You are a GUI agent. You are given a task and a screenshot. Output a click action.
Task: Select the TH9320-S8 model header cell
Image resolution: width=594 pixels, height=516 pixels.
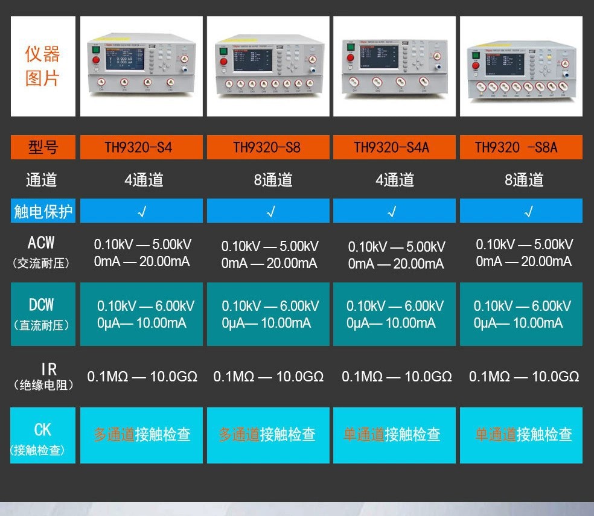(x=268, y=147)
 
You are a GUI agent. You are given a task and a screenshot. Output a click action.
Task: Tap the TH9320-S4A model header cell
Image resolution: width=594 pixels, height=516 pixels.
(x=394, y=147)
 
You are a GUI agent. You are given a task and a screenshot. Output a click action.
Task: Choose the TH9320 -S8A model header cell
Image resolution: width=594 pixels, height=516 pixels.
(x=521, y=147)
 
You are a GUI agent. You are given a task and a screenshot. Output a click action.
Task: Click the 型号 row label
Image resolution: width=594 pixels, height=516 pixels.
(x=43, y=147)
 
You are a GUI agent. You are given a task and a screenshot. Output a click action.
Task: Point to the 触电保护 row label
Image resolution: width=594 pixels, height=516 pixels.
(x=43, y=211)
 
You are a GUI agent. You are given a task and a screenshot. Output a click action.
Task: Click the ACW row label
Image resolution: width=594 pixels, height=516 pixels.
(x=42, y=251)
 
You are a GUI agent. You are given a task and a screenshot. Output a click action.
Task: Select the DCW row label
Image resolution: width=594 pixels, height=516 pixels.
(x=42, y=313)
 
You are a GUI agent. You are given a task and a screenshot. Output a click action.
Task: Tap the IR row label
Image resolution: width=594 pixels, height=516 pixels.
(x=42, y=376)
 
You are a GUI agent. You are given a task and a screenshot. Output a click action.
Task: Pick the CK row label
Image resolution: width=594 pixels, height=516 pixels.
(x=42, y=436)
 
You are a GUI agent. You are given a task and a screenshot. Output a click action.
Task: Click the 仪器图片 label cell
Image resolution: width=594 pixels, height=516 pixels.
(x=43, y=66)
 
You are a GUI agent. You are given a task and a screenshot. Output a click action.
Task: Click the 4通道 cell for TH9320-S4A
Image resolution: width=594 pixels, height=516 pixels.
(x=394, y=180)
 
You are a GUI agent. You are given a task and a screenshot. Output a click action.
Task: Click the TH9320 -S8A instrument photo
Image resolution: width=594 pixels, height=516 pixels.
(x=521, y=67)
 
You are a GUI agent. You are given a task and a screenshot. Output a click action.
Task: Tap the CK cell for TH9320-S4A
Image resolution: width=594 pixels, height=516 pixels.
(x=394, y=435)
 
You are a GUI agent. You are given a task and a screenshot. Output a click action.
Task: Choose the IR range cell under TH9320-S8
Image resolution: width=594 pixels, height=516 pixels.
(x=268, y=377)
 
